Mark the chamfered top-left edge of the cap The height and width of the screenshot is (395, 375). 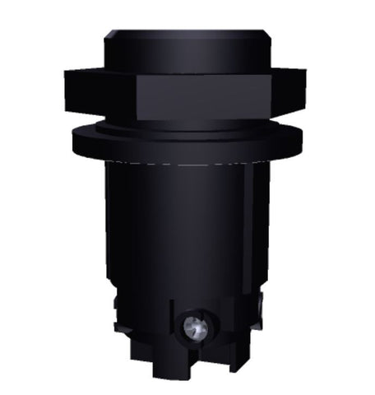(x=110, y=35)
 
